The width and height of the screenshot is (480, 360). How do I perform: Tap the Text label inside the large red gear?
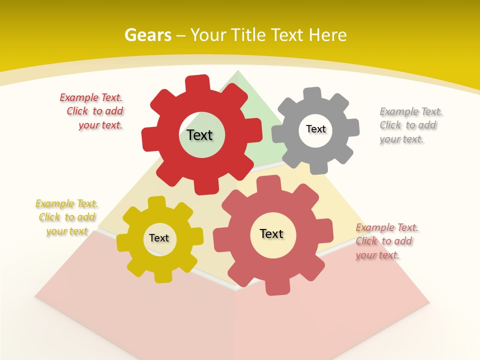199,135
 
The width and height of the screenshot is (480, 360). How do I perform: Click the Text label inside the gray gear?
315,129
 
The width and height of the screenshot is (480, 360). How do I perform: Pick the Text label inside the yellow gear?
159,238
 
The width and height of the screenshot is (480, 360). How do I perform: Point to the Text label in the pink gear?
271,233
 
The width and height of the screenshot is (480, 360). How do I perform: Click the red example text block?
92,111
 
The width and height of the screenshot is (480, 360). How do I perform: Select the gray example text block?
410,125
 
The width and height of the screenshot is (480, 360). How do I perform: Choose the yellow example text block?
66,217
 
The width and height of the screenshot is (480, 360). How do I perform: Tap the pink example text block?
386,241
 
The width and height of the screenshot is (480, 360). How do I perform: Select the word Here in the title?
327,35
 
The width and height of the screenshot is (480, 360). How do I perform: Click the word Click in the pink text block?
366,241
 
